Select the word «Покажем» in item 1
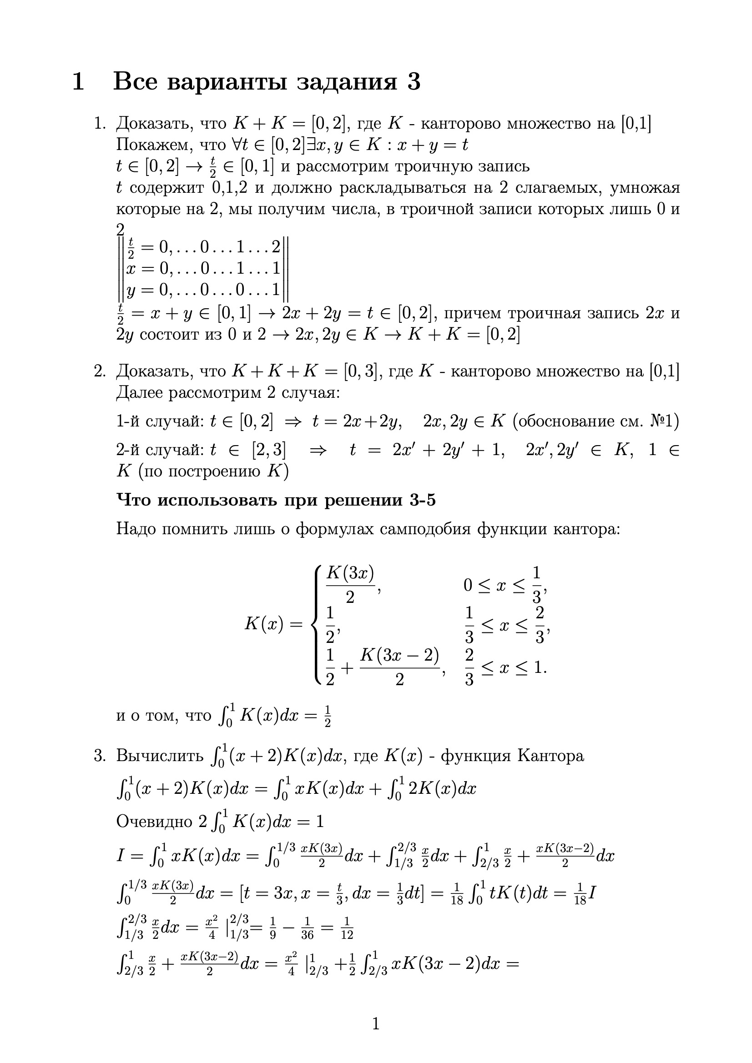pos(153,145)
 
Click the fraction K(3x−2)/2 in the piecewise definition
pos(399,667)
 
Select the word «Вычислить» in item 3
pos(159,756)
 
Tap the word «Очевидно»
pos(154,821)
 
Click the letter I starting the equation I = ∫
pos(120,856)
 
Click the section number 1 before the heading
pos(78,82)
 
